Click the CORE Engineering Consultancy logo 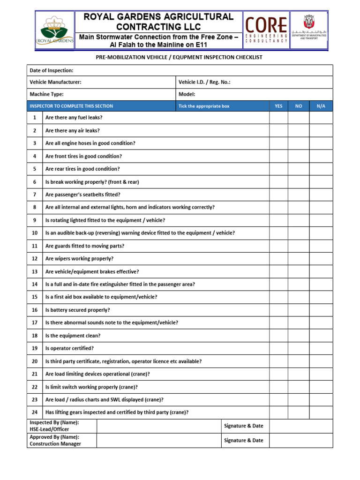pyautogui.click(x=266, y=30)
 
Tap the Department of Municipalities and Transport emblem pyautogui.click(x=309, y=28)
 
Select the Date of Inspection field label pyautogui.click(x=52, y=70)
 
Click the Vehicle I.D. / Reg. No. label pyautogui.click(x=204, y=82)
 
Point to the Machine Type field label pyautogui.click(x=46, y=94)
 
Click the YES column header pyautogui.click(x=278, y=106)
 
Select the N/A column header pyautogui.click(x=321, y=106)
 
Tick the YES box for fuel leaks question pyautogui.click(x=278, y=118)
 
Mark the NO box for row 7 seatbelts pyautogui.click(x=299, y=195)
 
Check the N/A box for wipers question pyautogui.click(x=321, y=259)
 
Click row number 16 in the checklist pyautogui.click(x=35, y=310)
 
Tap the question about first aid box pyautogui.click(x=101, y=297)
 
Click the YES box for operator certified pyautogui.click(x=278, y=348)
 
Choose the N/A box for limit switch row pyautogui.click(x=321, y=387)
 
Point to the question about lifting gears pyautogui.click(x=117, y=412)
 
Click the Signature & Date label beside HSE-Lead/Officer pyautogui.click(x=244, y=426)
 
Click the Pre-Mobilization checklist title pyautogui.click(x=180, y=58)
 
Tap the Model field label pyautogui.click(x=187, y=94)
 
